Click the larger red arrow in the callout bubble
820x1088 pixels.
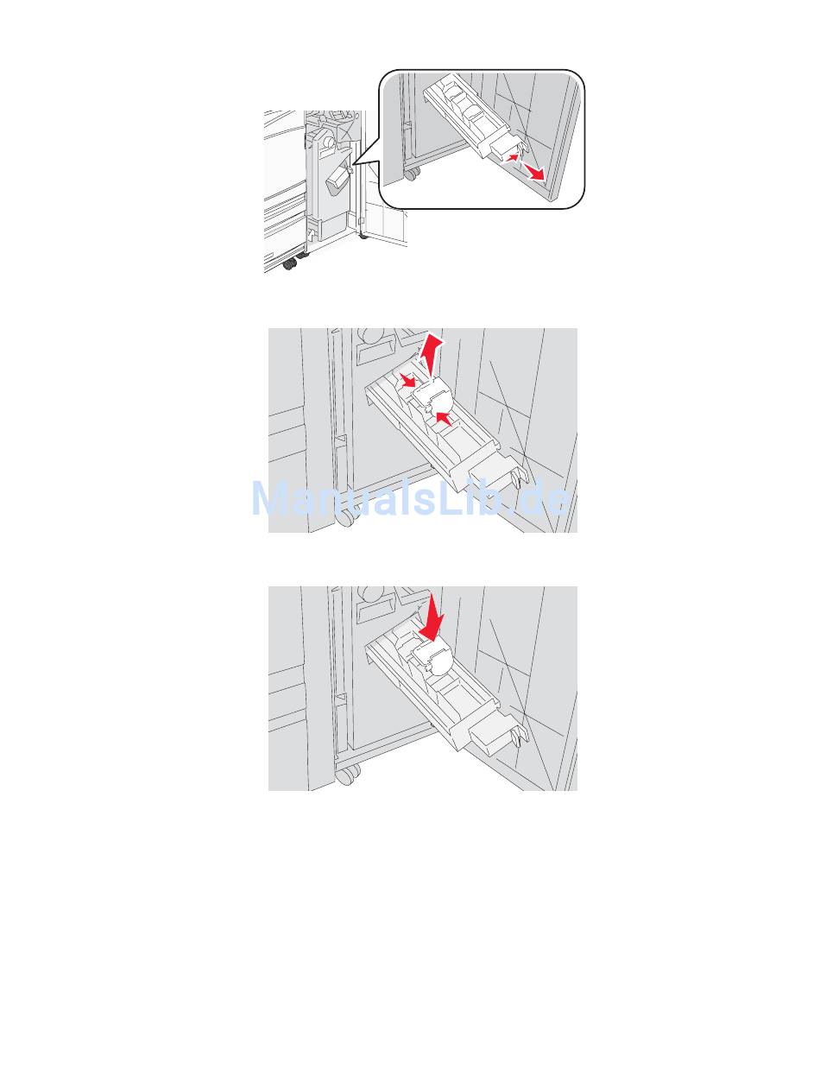pyautogui.click(x=533, y=172)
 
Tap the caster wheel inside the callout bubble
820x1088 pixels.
pyautogui.click(x=411, y=174)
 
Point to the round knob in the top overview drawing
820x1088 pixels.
pyautogui.click(x=327, y=143)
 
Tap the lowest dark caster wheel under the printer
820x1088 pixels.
pyautogui.click(x=289, y=265)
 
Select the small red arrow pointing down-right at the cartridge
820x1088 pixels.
pyautogui.click(x=407, y=381)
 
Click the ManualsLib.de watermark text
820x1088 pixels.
pyautogui.click(x=410, y=498)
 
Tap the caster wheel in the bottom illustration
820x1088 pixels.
pyautogui.click(x=348, y=775)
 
